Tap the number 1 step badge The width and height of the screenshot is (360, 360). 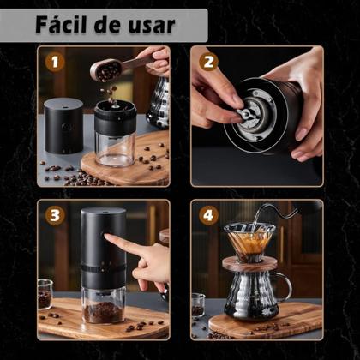coord(56,62)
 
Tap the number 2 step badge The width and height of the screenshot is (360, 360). coord(207,62)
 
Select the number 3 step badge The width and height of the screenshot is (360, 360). coord(56,214)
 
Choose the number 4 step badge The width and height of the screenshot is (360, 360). coord(207,214)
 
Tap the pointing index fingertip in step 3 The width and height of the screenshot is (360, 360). coord(110,241)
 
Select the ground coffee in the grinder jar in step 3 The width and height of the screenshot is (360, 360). coord(105,310)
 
